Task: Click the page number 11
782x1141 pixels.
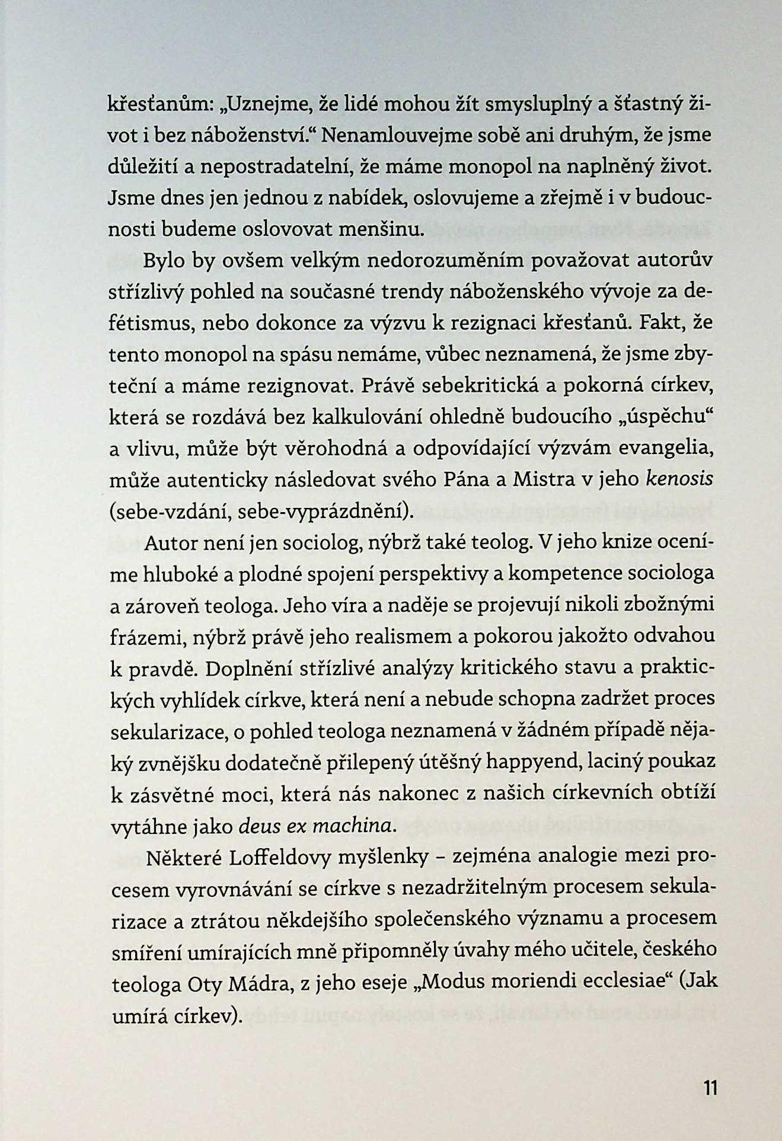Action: pyautogui.click(x=711, y=1088)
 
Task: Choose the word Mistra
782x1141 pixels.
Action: pyautogui.click(x=543, y=479)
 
